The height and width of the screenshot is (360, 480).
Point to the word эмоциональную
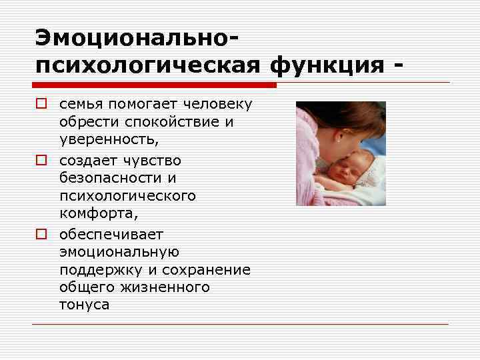119,252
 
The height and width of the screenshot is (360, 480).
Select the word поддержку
98,270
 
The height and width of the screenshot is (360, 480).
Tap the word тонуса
84,305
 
